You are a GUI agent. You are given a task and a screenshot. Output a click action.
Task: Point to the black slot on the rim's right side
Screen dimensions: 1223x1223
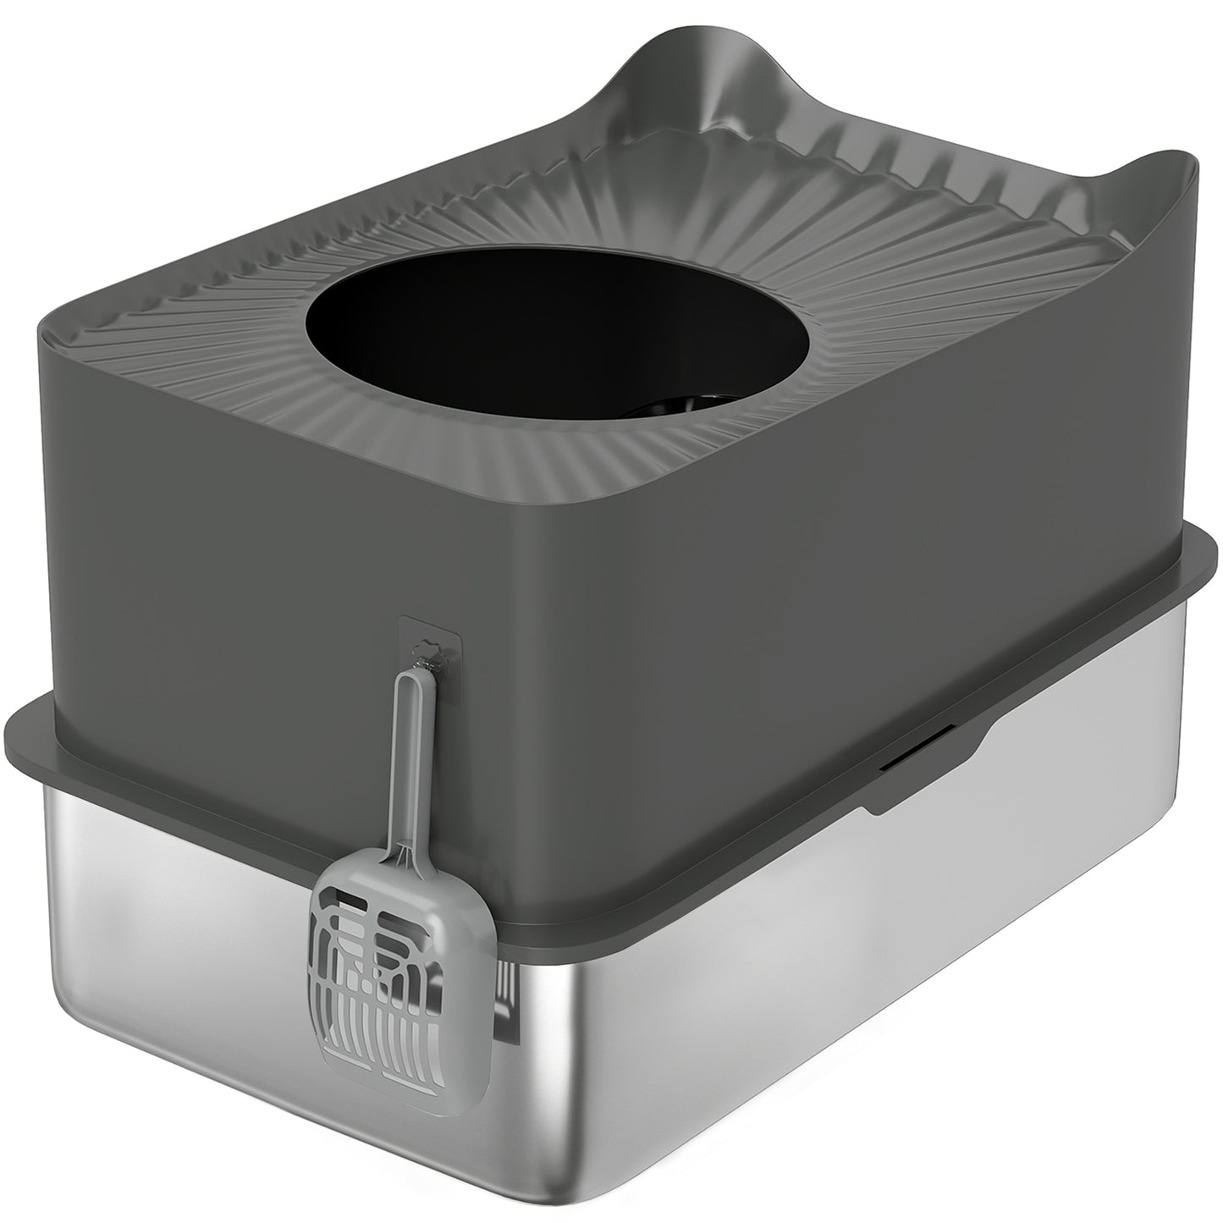(x=918, y=762)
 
